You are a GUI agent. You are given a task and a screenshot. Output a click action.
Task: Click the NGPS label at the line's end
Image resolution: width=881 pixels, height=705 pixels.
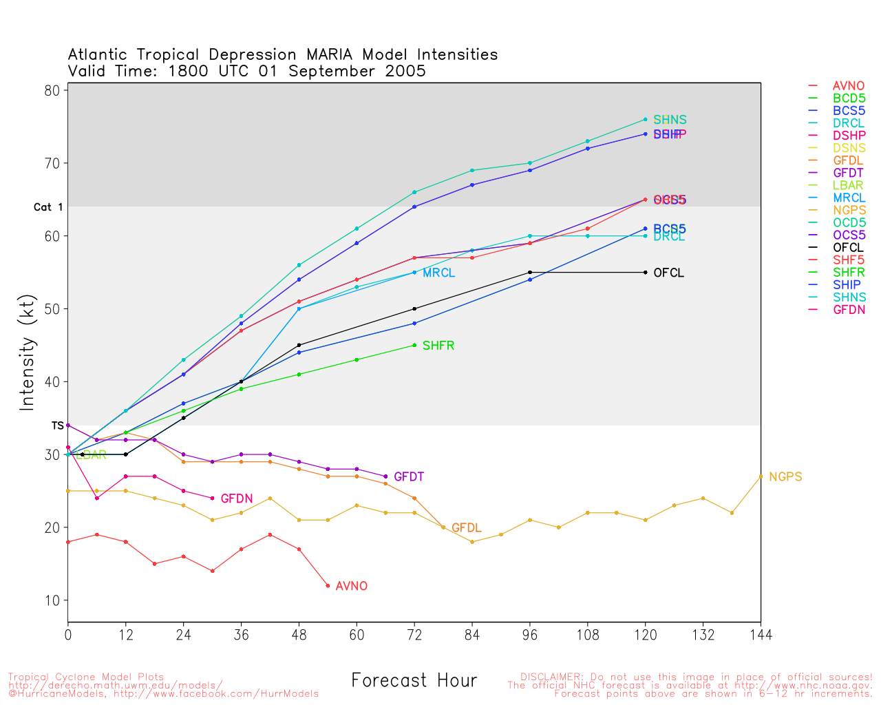pyautogui.click(x=785, y=476)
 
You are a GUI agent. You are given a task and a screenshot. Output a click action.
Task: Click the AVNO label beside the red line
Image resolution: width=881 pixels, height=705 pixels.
pyautogui.click(x=351, y=586)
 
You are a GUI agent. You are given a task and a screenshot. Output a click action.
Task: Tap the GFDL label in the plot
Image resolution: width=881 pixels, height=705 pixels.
pyautogui.click(x=466, y=528)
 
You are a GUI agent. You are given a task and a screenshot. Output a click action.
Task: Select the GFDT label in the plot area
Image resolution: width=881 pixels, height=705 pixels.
pyautogui.click(x=409, y=476)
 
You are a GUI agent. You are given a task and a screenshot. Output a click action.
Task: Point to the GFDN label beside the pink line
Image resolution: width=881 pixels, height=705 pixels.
pyautogui.click(x=236, y=498)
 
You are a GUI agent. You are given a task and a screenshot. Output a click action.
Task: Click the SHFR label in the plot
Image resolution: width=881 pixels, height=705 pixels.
pyautogui.click(x=438, y=346)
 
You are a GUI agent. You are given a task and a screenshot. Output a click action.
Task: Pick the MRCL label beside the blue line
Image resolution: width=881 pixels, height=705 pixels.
pyautogui.click(x=438, y=273)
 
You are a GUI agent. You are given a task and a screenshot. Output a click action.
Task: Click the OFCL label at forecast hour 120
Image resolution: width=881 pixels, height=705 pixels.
pyautogui.click(x=668, y=273)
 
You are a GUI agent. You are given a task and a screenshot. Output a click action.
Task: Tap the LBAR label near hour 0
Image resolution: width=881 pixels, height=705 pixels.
pyautogui.click(x=92, y=455)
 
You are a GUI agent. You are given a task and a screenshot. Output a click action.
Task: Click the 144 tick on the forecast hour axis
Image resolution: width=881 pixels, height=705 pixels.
pyautogui.click(x=761, y=634)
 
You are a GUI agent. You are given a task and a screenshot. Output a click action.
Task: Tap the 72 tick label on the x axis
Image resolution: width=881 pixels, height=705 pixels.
pyautogui.click(x=414, y=634)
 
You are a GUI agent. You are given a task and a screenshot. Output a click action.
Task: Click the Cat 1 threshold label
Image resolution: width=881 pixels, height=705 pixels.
pyautogui.click(x=48, y=207)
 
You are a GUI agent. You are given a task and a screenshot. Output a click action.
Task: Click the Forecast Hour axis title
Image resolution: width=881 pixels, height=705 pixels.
pyautogui.click(x=414, y=681)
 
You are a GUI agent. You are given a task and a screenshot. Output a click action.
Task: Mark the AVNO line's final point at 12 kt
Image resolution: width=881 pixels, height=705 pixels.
pyautogui.click(x=328, y=586)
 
